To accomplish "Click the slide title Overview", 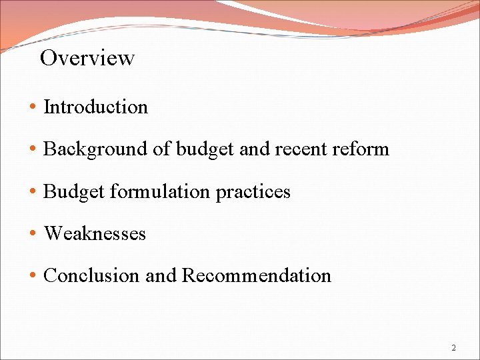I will click(x=87, y=58).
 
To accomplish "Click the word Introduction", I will click(x=95, y=107).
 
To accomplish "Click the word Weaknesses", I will click(x=95, y=234).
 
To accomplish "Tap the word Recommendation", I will click(x=256, y=276).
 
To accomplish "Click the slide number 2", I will click(x=454, y=348).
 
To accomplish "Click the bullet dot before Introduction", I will click(x=33, y=107).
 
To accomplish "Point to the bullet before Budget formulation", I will click(x=33, y=193).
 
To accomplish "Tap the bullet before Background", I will click(x=33, y=149).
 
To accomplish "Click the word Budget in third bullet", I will click(x=73, y=192).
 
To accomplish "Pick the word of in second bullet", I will click(x=162, y=149).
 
